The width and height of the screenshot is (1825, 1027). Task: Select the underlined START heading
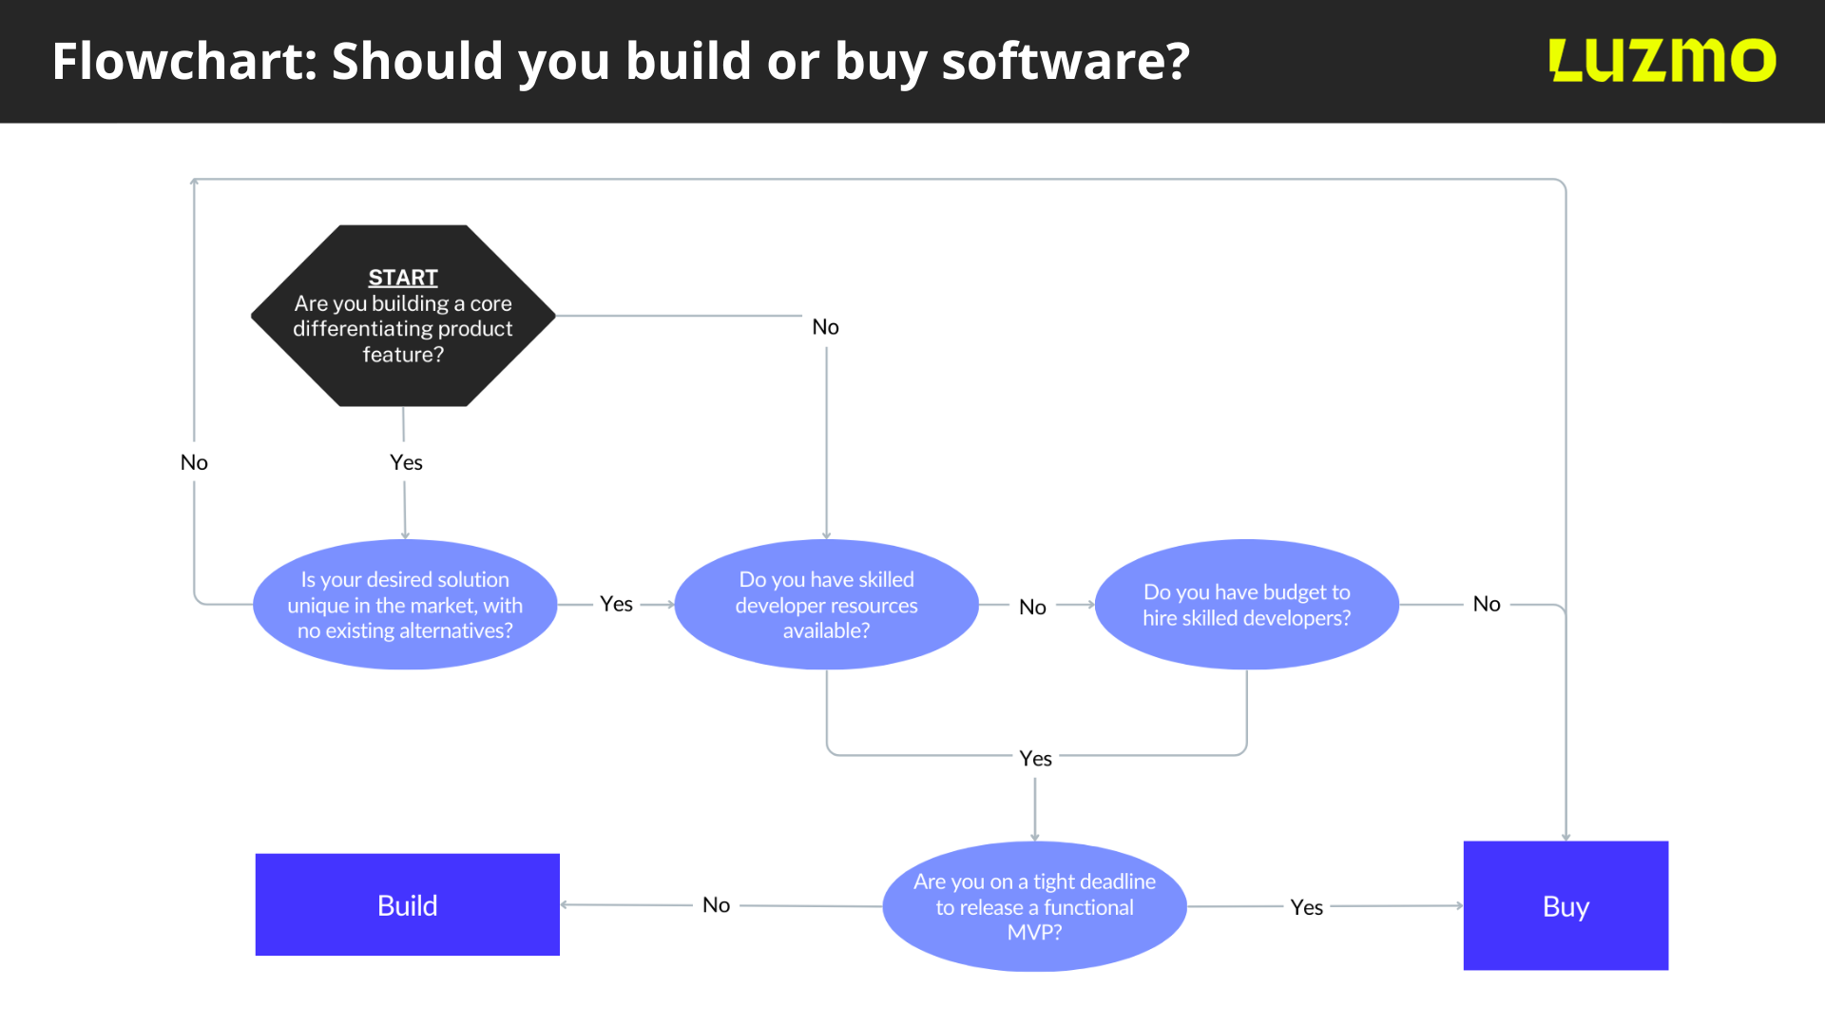coord(403,278)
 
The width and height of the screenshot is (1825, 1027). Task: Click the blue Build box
coord(407,904)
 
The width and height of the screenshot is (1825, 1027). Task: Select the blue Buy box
coord(1566,905)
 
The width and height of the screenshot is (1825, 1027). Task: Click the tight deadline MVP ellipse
coord(1034,906)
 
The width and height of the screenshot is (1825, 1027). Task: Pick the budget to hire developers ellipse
coord(1246,605)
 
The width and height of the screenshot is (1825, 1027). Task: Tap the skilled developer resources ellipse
coord(826,605)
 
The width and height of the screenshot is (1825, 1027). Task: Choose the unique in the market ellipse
coord(405,605)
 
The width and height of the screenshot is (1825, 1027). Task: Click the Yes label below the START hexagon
coord(406,462)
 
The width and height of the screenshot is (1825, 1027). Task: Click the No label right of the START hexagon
coord(825,327)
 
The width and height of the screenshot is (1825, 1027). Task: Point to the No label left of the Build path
coord(716,905)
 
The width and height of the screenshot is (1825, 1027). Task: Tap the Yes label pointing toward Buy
coord(1306,907)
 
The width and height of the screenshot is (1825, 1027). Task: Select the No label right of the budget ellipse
coord(1486,604)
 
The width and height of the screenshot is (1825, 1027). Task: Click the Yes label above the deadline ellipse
coord(1035,758)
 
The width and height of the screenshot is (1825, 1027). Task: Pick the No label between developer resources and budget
coord(1032,607)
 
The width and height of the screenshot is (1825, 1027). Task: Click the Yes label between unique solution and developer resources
coord(616,604)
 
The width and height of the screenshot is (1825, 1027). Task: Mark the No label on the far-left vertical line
coord(194,462)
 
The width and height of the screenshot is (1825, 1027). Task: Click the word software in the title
coord(1065,61)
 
